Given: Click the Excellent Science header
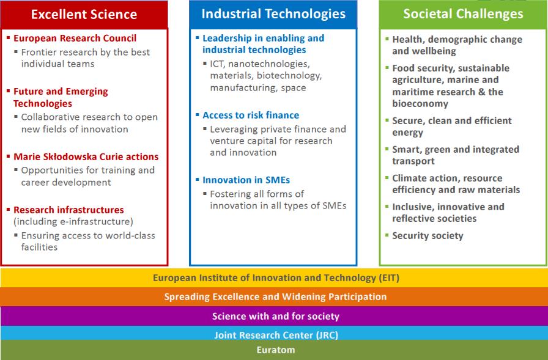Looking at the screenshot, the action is (84, 14).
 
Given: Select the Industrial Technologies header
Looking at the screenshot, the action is (273, 13).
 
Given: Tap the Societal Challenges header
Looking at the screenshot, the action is (463, 13).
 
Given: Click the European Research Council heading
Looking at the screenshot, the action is (75, 38).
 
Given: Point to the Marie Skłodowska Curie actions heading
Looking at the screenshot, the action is (86, 156).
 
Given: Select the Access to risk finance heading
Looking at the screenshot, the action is (251, 116).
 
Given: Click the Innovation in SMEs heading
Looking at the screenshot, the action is (246, 180).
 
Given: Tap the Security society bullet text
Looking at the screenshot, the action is (428, 236).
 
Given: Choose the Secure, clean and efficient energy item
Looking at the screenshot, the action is (451, 127).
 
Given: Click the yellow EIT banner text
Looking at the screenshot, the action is (276, 278).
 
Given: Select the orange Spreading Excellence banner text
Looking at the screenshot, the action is (275, 297).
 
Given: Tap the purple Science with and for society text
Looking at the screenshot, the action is (276, 317).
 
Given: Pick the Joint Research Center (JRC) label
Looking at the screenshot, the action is (276, 335).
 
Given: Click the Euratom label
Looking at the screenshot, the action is (276, 350).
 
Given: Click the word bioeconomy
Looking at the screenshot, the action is (420, 104).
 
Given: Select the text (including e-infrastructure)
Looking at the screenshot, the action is (73, 221).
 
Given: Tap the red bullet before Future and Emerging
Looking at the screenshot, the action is (9, 91).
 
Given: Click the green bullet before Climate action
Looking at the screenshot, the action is (387, 178).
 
